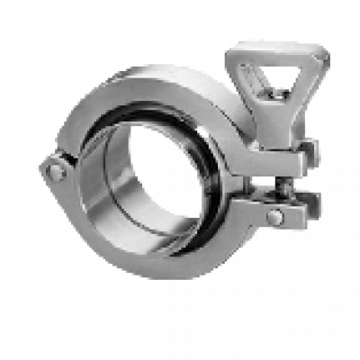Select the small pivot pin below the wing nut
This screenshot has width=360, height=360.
point(276,217)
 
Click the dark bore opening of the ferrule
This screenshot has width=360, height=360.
point(162,175)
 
